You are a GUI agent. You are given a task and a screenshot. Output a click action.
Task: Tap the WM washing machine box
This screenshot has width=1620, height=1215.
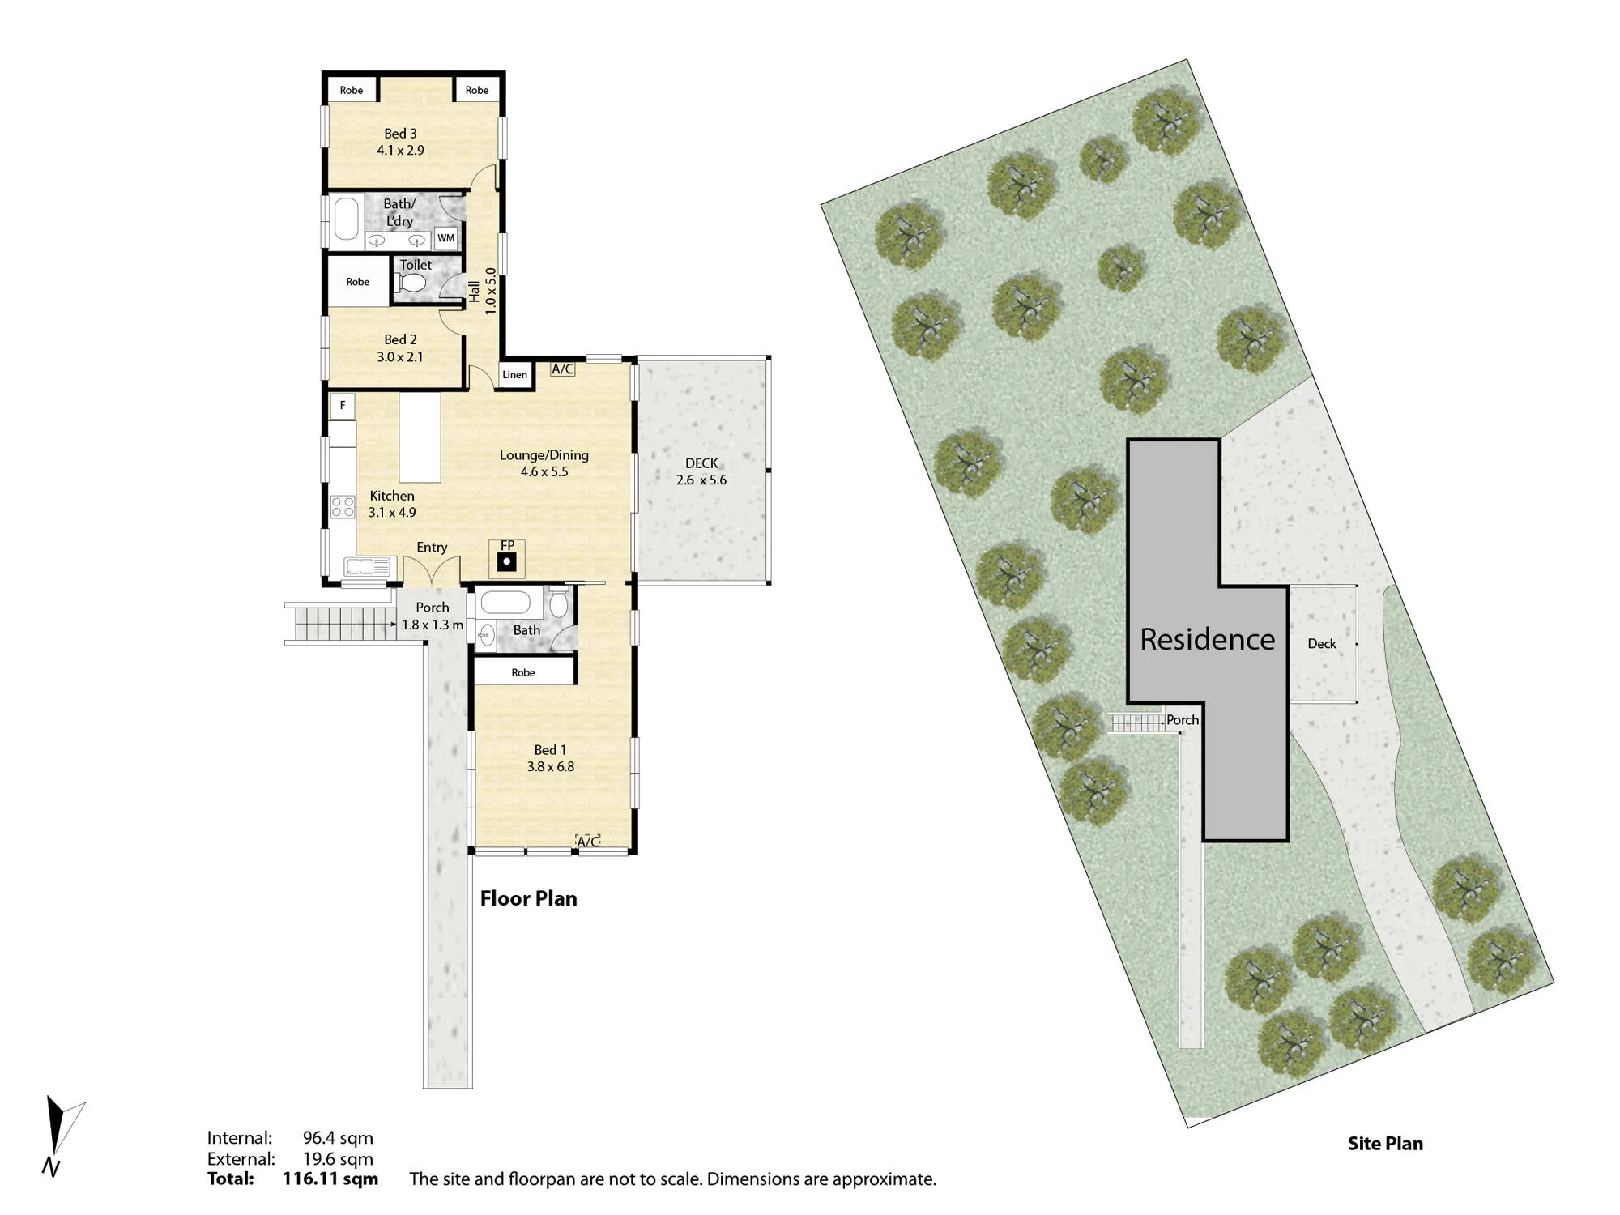[x=446, y=238]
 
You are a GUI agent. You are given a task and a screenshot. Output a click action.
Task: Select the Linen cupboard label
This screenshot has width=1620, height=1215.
[x=514, y=374]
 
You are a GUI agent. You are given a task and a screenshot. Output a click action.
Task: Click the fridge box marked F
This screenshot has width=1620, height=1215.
[x=343, y=405]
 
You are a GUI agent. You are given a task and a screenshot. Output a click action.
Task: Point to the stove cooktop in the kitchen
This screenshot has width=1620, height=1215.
[x=343, y=507]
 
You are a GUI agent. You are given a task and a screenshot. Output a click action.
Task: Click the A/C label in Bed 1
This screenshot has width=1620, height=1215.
[x=588, y=842]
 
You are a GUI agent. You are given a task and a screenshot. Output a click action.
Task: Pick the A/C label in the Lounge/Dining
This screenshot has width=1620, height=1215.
[x=562, y=369]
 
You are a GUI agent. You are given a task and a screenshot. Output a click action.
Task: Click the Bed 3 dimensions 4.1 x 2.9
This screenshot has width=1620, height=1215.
[x=400, y=150]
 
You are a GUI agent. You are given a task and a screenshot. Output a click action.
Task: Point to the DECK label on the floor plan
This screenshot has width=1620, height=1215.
[x=701, y=463]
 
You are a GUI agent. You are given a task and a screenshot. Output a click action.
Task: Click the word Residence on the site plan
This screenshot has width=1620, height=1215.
[x=1207, y=640]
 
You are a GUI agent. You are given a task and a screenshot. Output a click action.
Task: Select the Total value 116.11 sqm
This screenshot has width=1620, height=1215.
[x=330, y=1179]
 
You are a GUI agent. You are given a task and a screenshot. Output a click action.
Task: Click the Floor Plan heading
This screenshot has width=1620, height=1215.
[x=529, y=898]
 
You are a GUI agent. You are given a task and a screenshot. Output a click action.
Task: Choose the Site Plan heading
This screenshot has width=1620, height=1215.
[x=1385, y=1144]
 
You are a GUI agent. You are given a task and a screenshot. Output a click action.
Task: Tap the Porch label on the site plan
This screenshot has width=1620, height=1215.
[x=1183, y=719]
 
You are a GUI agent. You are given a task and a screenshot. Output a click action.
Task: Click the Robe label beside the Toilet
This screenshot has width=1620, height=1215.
[x=357, y=282]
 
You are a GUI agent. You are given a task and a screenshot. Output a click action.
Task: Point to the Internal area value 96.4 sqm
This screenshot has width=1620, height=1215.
[x=338, y=1138]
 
